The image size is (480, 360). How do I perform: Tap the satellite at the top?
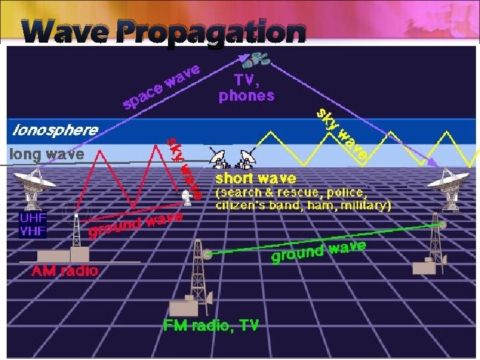[x=256, y=61]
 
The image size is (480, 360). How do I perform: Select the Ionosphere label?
[x=53, y=129]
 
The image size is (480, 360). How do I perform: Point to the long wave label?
[x=47, y=155]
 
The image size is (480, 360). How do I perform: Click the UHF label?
[x=33, y=217]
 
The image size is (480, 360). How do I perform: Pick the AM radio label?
[x=66, y=271]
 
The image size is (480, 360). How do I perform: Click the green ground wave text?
[x=319, y=251]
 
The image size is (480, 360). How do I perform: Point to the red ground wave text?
[x=135, y=225]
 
